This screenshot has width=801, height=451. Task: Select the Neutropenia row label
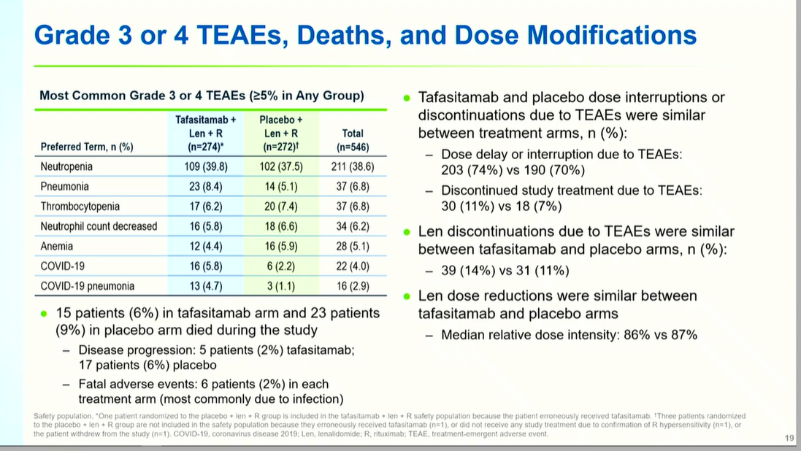[x=66, y=166]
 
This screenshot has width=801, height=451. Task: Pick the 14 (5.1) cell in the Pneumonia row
[x=280, y=187]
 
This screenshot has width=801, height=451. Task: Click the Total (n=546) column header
[x=353, y=140]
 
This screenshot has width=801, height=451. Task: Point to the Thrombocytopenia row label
[x=80, y=207]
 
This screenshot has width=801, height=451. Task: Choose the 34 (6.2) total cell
[x=353, y=226]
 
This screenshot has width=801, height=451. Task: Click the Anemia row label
[x=56, y=246]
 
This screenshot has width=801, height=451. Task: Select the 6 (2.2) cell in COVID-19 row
[x=280, y=266]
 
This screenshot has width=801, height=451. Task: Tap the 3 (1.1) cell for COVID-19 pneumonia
[x=280, y=286]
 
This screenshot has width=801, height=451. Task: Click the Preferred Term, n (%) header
[x=87, y=147]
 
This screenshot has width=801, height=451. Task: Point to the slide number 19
[x=789, y=438]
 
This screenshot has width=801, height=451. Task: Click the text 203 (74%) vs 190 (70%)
[x=513, y=171]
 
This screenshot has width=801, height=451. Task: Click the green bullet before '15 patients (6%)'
[x=44, y=313]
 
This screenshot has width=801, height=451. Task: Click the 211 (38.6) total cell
[x=353, y=166]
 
